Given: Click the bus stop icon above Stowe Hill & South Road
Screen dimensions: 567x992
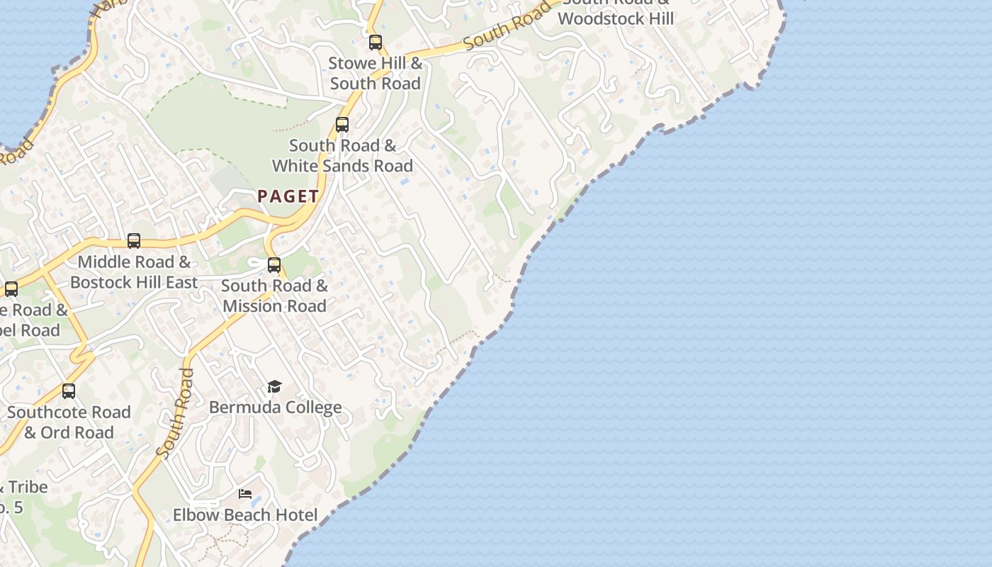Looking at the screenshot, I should click(376, 43).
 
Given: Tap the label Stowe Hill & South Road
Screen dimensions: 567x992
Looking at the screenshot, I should click(376, 73).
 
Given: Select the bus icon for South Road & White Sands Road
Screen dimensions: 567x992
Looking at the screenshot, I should click(342, 125).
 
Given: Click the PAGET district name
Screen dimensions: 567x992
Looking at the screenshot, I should click(288, 196).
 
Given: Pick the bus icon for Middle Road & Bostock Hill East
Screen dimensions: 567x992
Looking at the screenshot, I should click(134, 241).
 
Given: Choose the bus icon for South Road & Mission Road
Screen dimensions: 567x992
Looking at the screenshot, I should click(274, 265).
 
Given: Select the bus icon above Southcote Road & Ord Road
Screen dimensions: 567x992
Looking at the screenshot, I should click(69, 391).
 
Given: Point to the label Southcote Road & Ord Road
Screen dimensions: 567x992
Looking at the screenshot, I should click(69, 422).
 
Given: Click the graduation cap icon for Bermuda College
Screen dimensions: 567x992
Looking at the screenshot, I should click(274, 386).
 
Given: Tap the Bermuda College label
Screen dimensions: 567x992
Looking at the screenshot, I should click(276, 408).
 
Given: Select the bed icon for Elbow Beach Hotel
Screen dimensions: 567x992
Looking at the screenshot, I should click(245, 494).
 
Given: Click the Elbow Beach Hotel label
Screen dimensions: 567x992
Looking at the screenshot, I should click(245, 515).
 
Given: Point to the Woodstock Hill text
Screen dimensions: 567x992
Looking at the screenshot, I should click(616, 18).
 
